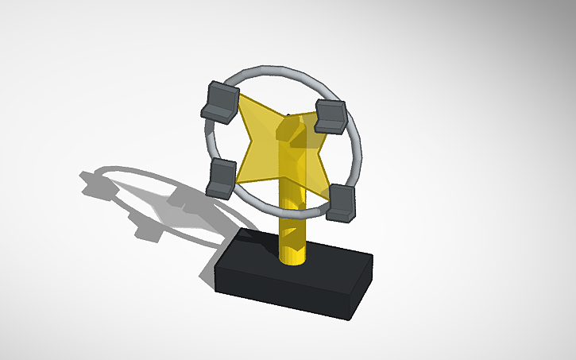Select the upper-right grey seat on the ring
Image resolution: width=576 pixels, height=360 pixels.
point(330,116)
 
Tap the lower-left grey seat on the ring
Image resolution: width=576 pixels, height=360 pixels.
point(222,176)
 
